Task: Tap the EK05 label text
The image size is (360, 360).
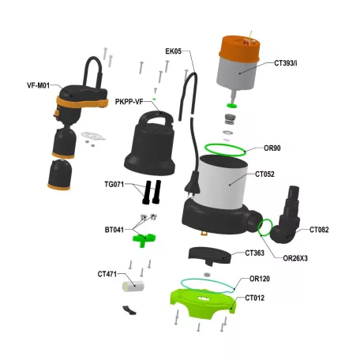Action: coord(173,51)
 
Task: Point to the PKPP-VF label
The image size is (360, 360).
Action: coord(129,102)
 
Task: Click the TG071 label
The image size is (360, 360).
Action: coord(115,184)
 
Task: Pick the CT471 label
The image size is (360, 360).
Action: coord(107,274)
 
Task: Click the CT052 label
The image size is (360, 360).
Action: coord(264,174)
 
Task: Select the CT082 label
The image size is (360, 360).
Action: coord(318,230)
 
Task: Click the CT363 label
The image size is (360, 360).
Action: coord(255,253)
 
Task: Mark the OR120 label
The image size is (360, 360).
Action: coord(260,279)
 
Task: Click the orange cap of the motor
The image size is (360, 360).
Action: coord(239,48)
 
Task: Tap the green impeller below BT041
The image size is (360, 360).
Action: coord(143,235)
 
